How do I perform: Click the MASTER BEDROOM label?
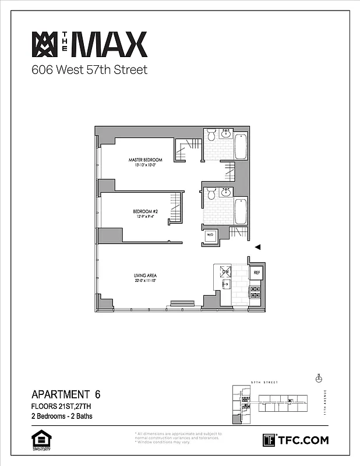(145, 160)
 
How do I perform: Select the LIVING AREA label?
(143, 276)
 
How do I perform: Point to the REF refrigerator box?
(256, 272)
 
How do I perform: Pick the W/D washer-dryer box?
(210, 235)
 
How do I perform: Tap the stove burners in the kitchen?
(255, 292)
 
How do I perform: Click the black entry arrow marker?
(258, 247)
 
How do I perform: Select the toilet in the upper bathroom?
(211, 135)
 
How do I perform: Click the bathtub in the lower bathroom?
(241, 212)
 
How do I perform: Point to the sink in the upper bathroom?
(226, 135)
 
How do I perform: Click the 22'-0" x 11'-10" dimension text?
(143, 281)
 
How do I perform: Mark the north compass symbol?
(319, 378)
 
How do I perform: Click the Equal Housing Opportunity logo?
(38, 440)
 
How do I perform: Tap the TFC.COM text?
(302, 440)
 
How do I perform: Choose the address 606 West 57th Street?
(89, 70)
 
